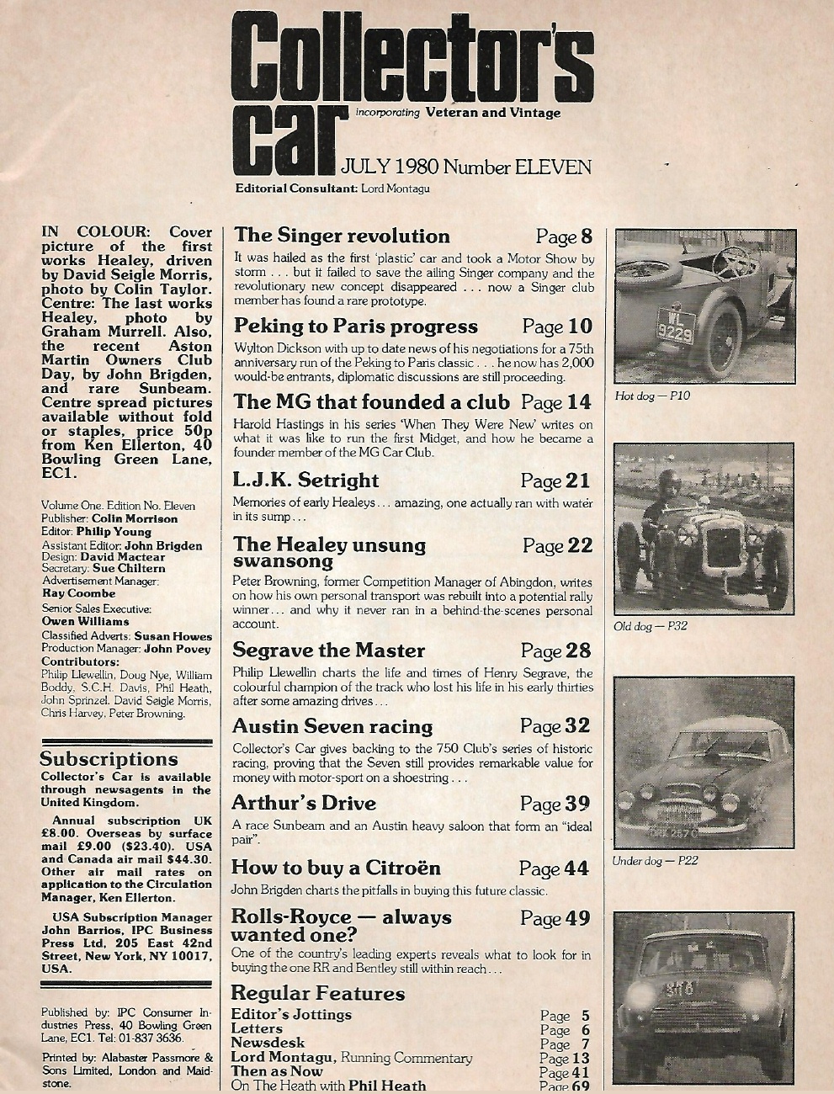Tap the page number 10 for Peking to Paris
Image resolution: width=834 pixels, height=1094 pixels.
[x=580, y=326]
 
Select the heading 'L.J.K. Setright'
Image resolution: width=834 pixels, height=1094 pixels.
[x=305, y=481]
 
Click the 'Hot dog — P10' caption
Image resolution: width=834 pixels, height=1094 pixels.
[x=652, y=396]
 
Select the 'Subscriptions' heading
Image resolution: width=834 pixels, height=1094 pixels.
[x=109, y=759]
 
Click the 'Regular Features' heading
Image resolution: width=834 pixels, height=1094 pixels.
[x=317, y=993]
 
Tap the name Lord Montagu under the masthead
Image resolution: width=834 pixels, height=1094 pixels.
[x=395, y=189]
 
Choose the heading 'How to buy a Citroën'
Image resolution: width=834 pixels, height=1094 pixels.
[x=336, y=868]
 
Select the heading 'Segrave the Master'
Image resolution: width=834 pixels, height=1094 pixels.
[x=328, y=651]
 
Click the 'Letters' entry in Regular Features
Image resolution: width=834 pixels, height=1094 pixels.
[x=257, y=1028]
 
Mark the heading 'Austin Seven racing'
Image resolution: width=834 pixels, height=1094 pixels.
[x=332, y=725]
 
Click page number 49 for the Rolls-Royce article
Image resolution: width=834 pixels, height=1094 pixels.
[x=577, y=917]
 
